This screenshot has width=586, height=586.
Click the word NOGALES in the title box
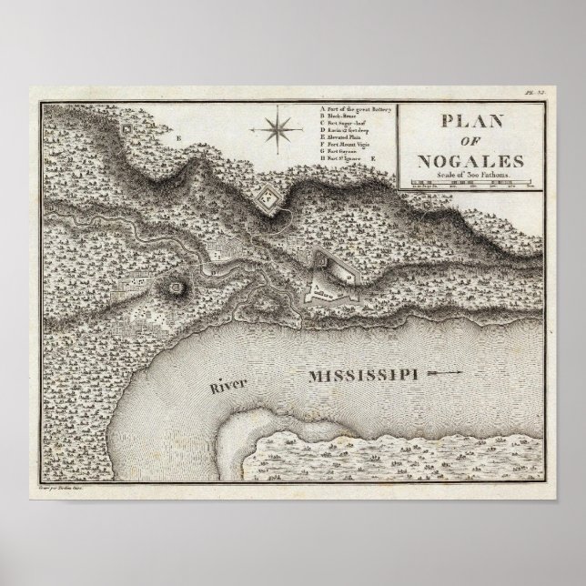click(x=471, y=162)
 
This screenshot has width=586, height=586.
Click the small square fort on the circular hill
click(x=173, y=288)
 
